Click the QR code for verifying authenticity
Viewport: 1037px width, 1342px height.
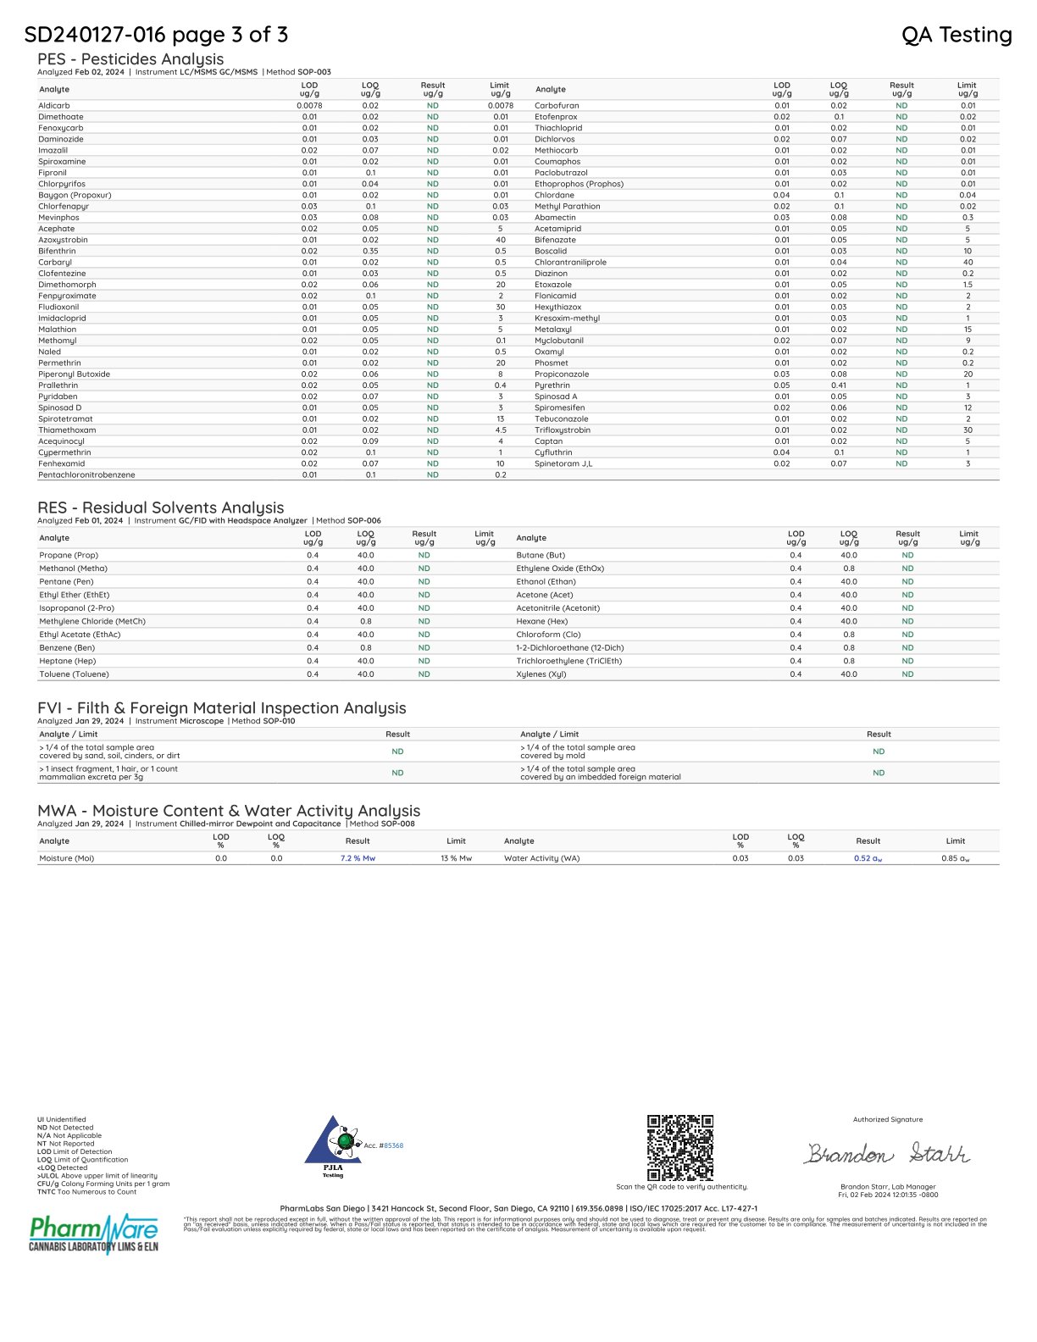pyautogui.click(x=680, y=1147)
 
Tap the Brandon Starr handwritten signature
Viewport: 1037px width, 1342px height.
pyautogui.click(x=887, y=1154)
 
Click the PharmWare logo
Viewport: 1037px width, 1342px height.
pyautogui.click(x=93, y=1233)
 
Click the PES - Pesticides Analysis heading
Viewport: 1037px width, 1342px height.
pyautogui.click(x=130, y=59)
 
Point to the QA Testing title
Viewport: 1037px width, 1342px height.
pyautogui.click(x=957, y=35)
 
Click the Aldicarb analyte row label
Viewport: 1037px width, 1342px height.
pyautogui.click(x=54, y=106)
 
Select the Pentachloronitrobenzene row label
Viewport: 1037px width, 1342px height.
pyautogui.click(x=86, y=475)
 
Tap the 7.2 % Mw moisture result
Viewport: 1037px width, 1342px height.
pyautogui.click(x=358, y=858)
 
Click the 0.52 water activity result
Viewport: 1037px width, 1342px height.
pyautogui.click(x=868, y=858)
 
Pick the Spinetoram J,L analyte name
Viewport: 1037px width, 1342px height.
pyautogui.click(x=563, y=463)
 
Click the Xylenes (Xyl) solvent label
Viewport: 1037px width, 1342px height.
pyautogui.click(x=541, y=674)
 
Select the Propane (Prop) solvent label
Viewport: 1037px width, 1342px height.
pyautogui.click(x=69, y=556)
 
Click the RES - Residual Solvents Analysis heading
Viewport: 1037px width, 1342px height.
pyautogui.click(x=160, y=507)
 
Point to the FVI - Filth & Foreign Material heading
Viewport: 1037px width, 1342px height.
pyautogui.click(x=221, y=708)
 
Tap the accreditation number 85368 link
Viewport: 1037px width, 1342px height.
pyautogui.click(x=393, y=1145)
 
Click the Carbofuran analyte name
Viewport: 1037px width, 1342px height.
pyautogui.click(x=557, y=106)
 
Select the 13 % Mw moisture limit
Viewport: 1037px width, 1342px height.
pyautogui.click(x=456, y=858)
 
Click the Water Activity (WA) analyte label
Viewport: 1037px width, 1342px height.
pyautogui.click(x=541, y=858)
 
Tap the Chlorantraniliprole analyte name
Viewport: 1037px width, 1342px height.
pyautogui.click(x=570, y=263)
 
